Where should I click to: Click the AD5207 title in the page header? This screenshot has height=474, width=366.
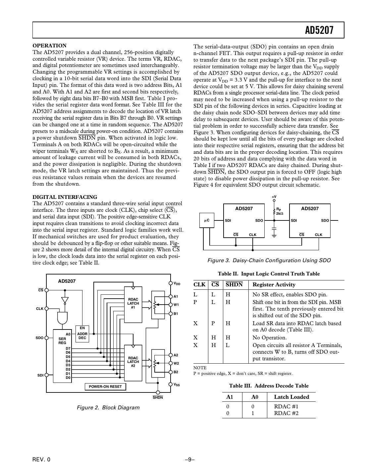(x=319, y=30)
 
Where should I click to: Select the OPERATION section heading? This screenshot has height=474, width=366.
(x=49, y=46)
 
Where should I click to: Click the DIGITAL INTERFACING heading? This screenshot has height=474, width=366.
(x=65, y=197)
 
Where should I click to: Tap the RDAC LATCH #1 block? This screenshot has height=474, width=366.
(x=133, y=303)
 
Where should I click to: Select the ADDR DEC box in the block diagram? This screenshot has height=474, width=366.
(x=82, y=334)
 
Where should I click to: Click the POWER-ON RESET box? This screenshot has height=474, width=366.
(x=105, y=386)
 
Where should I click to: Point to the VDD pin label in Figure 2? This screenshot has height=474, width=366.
(x=177, y=284)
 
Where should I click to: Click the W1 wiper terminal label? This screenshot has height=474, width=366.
(x=176, y=305)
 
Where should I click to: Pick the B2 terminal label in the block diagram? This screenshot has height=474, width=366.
(x=176, y=372)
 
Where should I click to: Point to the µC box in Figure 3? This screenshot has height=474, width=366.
(x=207, y=220)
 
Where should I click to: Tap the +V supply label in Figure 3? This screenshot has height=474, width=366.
(x=274, y=197)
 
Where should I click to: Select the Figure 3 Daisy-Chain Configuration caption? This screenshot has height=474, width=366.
(x=269, y=261)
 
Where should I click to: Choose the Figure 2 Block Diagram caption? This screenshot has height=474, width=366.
(x=108, y=407)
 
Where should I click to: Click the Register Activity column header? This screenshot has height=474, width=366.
(x=274, y=285)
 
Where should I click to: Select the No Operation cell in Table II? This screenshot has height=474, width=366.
(x=269, y=338)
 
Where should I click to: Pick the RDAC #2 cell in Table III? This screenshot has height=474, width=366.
(x=286, y=413)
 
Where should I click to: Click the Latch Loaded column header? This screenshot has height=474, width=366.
(x=291, y=397)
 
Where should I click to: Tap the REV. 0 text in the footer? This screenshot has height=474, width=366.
(x=42, y=459)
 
